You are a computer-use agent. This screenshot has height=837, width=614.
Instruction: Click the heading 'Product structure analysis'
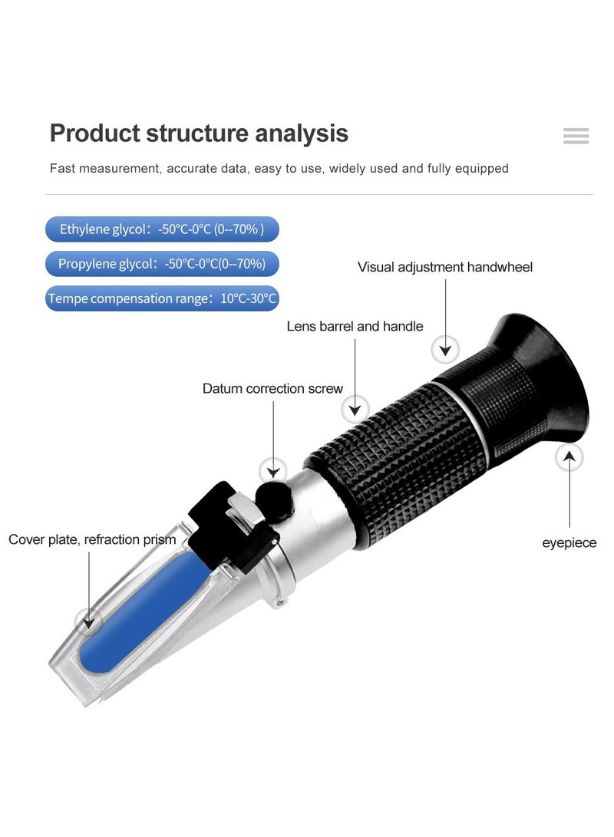pos(199,133)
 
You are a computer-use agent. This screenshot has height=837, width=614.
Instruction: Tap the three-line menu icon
pos(576,137)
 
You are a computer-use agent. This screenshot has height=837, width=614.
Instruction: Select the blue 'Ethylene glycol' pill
pos(161,229)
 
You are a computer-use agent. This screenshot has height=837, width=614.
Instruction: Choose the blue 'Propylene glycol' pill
pos(161,264)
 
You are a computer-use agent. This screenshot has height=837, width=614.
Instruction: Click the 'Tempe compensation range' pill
pos(161,298)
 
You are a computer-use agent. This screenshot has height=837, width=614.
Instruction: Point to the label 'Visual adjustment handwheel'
pos(445,267)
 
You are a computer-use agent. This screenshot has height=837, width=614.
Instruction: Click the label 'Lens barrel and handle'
pos(355,327)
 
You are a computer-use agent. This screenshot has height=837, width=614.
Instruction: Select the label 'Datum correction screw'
pos(272,389)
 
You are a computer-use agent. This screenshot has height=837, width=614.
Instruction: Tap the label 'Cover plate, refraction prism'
pos(92,540)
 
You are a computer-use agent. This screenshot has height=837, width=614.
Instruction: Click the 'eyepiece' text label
pos(569,543)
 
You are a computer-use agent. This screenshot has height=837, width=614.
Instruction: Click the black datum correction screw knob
pos(274,497)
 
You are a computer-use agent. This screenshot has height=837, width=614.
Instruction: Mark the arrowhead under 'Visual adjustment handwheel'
pos(445,351)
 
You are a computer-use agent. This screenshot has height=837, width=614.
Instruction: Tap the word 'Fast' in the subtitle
pos(63,169)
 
